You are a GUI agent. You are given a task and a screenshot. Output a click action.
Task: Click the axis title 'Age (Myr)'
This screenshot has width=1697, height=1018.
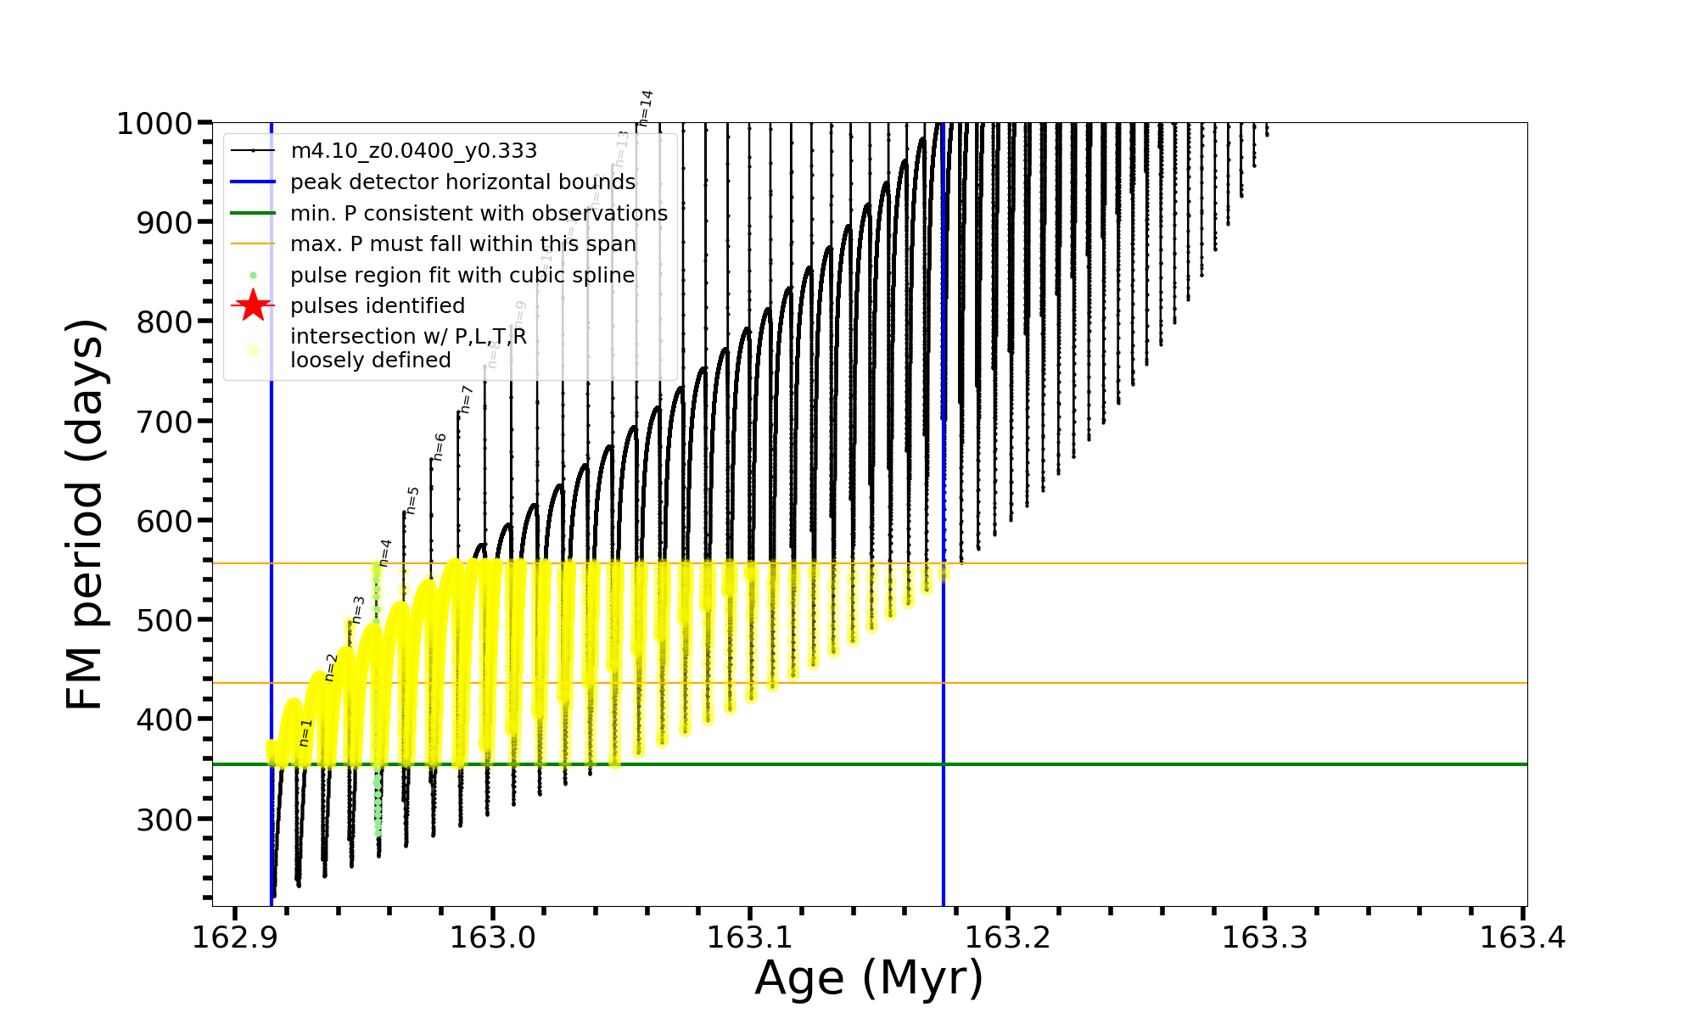[869, 978]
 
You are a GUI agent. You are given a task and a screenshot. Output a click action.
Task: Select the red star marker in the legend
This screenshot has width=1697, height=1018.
[253, 305]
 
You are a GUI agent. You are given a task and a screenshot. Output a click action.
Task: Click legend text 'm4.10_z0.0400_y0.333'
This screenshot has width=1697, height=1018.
[413, 151]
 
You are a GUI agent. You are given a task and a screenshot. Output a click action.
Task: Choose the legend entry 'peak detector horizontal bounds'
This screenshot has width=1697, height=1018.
[462, 182]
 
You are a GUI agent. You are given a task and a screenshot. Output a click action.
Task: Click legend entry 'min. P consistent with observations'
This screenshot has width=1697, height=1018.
[479, 213]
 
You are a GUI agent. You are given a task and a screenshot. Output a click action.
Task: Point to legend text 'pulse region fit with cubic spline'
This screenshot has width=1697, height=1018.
[462, 276]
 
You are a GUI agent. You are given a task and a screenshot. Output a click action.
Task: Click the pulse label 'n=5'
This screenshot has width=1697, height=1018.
[412, 500]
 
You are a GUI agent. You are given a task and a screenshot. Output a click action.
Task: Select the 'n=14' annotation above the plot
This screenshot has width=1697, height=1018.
[646, 108]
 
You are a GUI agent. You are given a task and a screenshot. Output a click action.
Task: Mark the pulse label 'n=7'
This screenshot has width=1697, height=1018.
[466, 399]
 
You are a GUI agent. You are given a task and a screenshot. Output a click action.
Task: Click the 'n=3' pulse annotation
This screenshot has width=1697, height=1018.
[358, 609]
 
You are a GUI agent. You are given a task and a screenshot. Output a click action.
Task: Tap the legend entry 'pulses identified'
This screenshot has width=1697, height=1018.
[377, 306]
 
